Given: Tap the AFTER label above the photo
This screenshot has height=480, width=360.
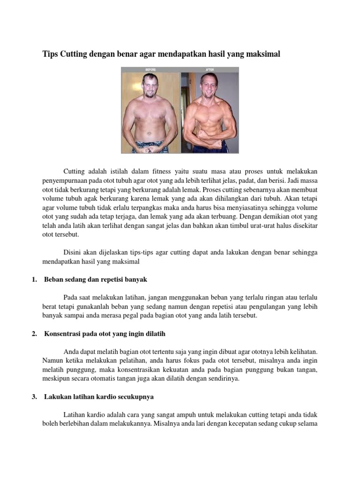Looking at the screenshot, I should click(x=210, y=69).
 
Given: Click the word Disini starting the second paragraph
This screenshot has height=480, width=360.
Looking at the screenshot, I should click(x=73, y=252).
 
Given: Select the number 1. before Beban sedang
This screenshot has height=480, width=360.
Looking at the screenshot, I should click(x=34, y=279).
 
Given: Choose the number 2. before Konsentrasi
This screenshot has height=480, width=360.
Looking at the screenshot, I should click(x=34, y=334).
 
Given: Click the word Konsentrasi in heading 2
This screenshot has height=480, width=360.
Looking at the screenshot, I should click(x=64, y=334).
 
